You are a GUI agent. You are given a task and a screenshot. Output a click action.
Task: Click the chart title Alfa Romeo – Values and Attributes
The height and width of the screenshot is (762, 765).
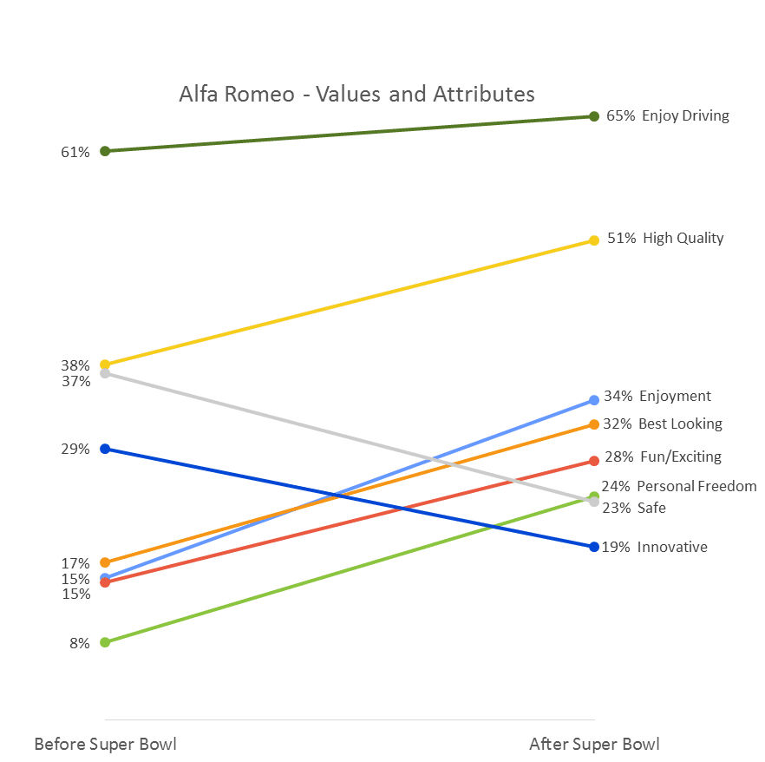click(x=356, y=94)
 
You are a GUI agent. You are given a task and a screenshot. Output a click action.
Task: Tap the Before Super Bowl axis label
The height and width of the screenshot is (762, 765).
click(x=105, y=744)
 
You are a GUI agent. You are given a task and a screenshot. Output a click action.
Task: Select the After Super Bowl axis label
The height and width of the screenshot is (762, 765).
click(x=594, y=744)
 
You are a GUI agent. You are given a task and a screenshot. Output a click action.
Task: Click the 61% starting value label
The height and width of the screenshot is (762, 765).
click(x=75, y=152)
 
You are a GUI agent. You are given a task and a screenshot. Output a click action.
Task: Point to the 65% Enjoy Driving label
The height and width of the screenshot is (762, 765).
click(x=667, y=115)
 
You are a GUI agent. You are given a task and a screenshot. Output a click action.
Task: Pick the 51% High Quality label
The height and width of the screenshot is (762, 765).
click(x=664, y=238)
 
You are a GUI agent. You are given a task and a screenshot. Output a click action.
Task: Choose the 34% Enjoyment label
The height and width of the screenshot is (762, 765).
click(x=657, y=396)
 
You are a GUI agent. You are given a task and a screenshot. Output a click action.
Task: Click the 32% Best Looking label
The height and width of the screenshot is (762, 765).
click(x=663, y=424)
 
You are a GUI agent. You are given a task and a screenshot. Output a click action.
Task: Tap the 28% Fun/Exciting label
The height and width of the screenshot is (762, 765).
click(x=663, y=457)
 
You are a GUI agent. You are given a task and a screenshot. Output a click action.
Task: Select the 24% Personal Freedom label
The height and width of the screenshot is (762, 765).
click(x=678, y=486)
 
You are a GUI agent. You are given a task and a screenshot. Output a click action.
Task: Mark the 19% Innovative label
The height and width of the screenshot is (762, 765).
click(x=655, y=547)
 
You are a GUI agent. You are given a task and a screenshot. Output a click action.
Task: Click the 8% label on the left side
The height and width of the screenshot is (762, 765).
click(x=80, y=643)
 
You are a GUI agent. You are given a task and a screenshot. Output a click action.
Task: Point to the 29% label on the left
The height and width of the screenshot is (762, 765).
click(x=75, y=449)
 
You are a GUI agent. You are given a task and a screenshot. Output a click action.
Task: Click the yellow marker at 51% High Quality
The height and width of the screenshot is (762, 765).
click(x=594, y=240)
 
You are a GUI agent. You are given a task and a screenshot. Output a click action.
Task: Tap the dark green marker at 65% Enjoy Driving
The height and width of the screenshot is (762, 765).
click(x=594, y=115)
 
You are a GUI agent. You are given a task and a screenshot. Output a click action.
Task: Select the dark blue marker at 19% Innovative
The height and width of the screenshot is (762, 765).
click(x=594, y=547)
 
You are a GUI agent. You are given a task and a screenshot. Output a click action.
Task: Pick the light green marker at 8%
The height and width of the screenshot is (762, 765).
click(x=105, y=642)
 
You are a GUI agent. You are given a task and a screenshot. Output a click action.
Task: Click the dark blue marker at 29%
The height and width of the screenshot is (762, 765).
click(x=105, y=449)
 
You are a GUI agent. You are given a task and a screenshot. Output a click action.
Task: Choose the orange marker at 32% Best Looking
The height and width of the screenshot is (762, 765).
click(x=594, y=424)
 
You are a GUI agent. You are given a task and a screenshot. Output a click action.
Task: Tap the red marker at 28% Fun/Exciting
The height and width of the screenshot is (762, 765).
click(x=594, y=461)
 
